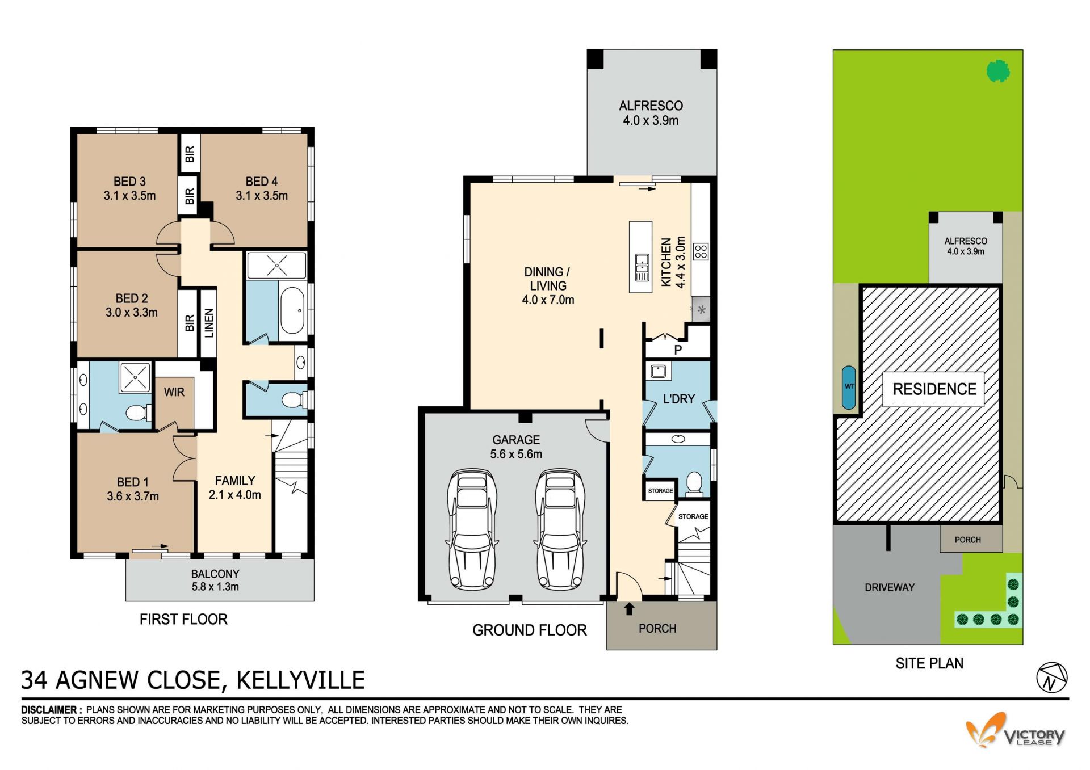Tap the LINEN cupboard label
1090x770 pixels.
pos(209,323)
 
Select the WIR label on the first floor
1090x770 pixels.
pos(174,392)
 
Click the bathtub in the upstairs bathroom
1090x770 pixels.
pos(292,310)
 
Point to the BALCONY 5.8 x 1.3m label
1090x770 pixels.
pos(215,580)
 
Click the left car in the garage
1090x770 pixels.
pos(472,529)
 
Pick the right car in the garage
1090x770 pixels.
pos(560,529)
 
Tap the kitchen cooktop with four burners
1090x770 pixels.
pos(701,251)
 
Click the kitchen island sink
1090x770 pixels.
pos(642,267)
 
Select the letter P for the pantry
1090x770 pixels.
pos(678,350)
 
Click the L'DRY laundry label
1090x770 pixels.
pos(679,399)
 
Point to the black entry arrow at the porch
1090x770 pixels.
pos(629,609)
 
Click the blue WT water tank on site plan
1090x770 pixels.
pos(849,388)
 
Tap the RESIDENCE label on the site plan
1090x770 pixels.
pos(934,389)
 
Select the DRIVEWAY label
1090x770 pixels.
pos(890,587)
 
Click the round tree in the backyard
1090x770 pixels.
pos(998,71)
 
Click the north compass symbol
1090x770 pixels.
pos(1051,678)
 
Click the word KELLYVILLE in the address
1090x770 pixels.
pos(300,680)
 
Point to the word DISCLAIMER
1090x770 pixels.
pos(49,710)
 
